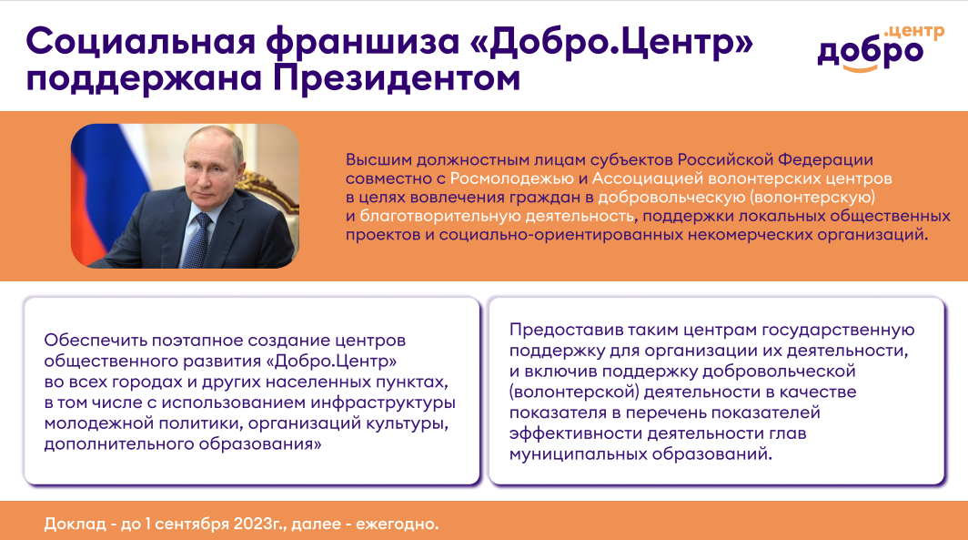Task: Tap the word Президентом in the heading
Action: [397, 79]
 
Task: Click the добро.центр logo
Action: [881, 48]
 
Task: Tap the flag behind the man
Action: [105, 186]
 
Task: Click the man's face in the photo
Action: [210, 166]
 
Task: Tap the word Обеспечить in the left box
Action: [95, 341]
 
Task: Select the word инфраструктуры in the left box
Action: [383, 402]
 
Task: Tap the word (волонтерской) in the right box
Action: [574, 392]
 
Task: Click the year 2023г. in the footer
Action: [261, 524]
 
